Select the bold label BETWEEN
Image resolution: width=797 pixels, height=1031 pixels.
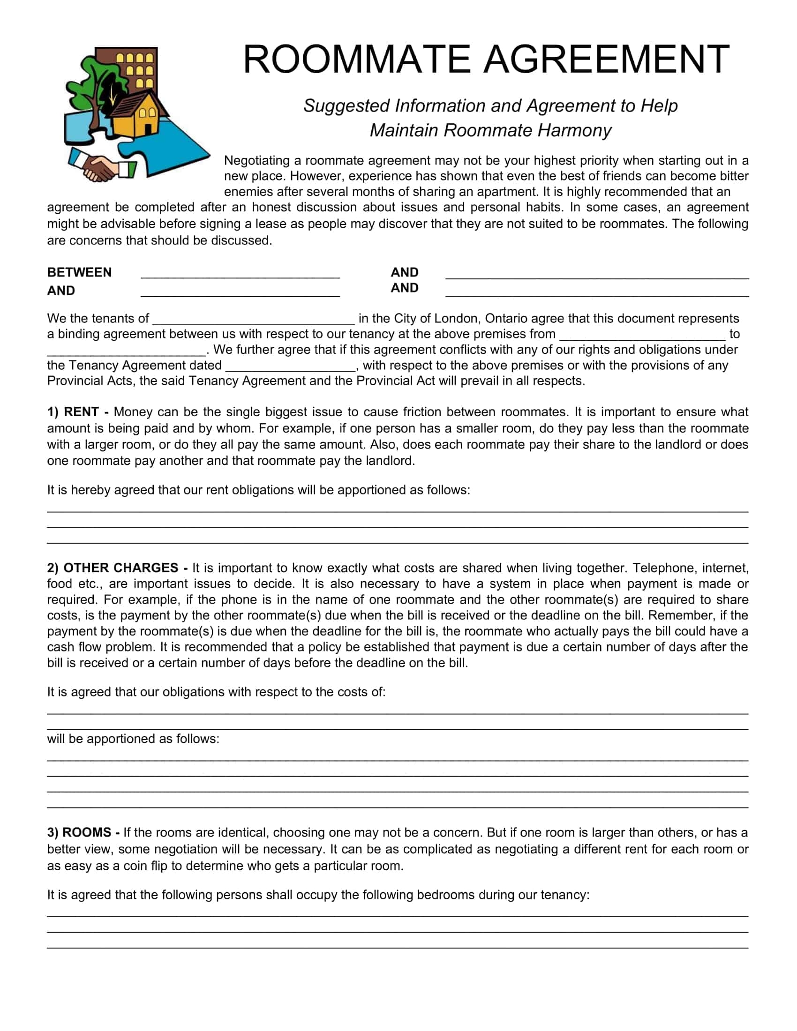tap(79, 272)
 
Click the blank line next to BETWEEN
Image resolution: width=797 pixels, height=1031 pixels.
tap(240, 275)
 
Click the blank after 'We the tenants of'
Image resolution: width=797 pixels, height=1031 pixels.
tap(254, 321)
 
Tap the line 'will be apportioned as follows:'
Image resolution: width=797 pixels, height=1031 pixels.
tap(133, 739)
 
